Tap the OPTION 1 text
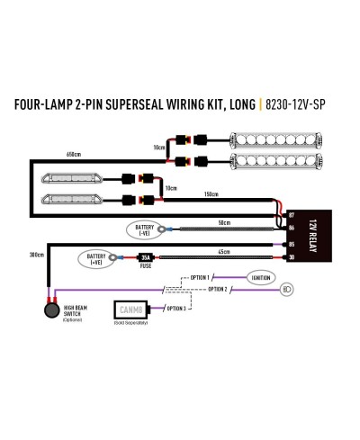click(198, 278)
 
